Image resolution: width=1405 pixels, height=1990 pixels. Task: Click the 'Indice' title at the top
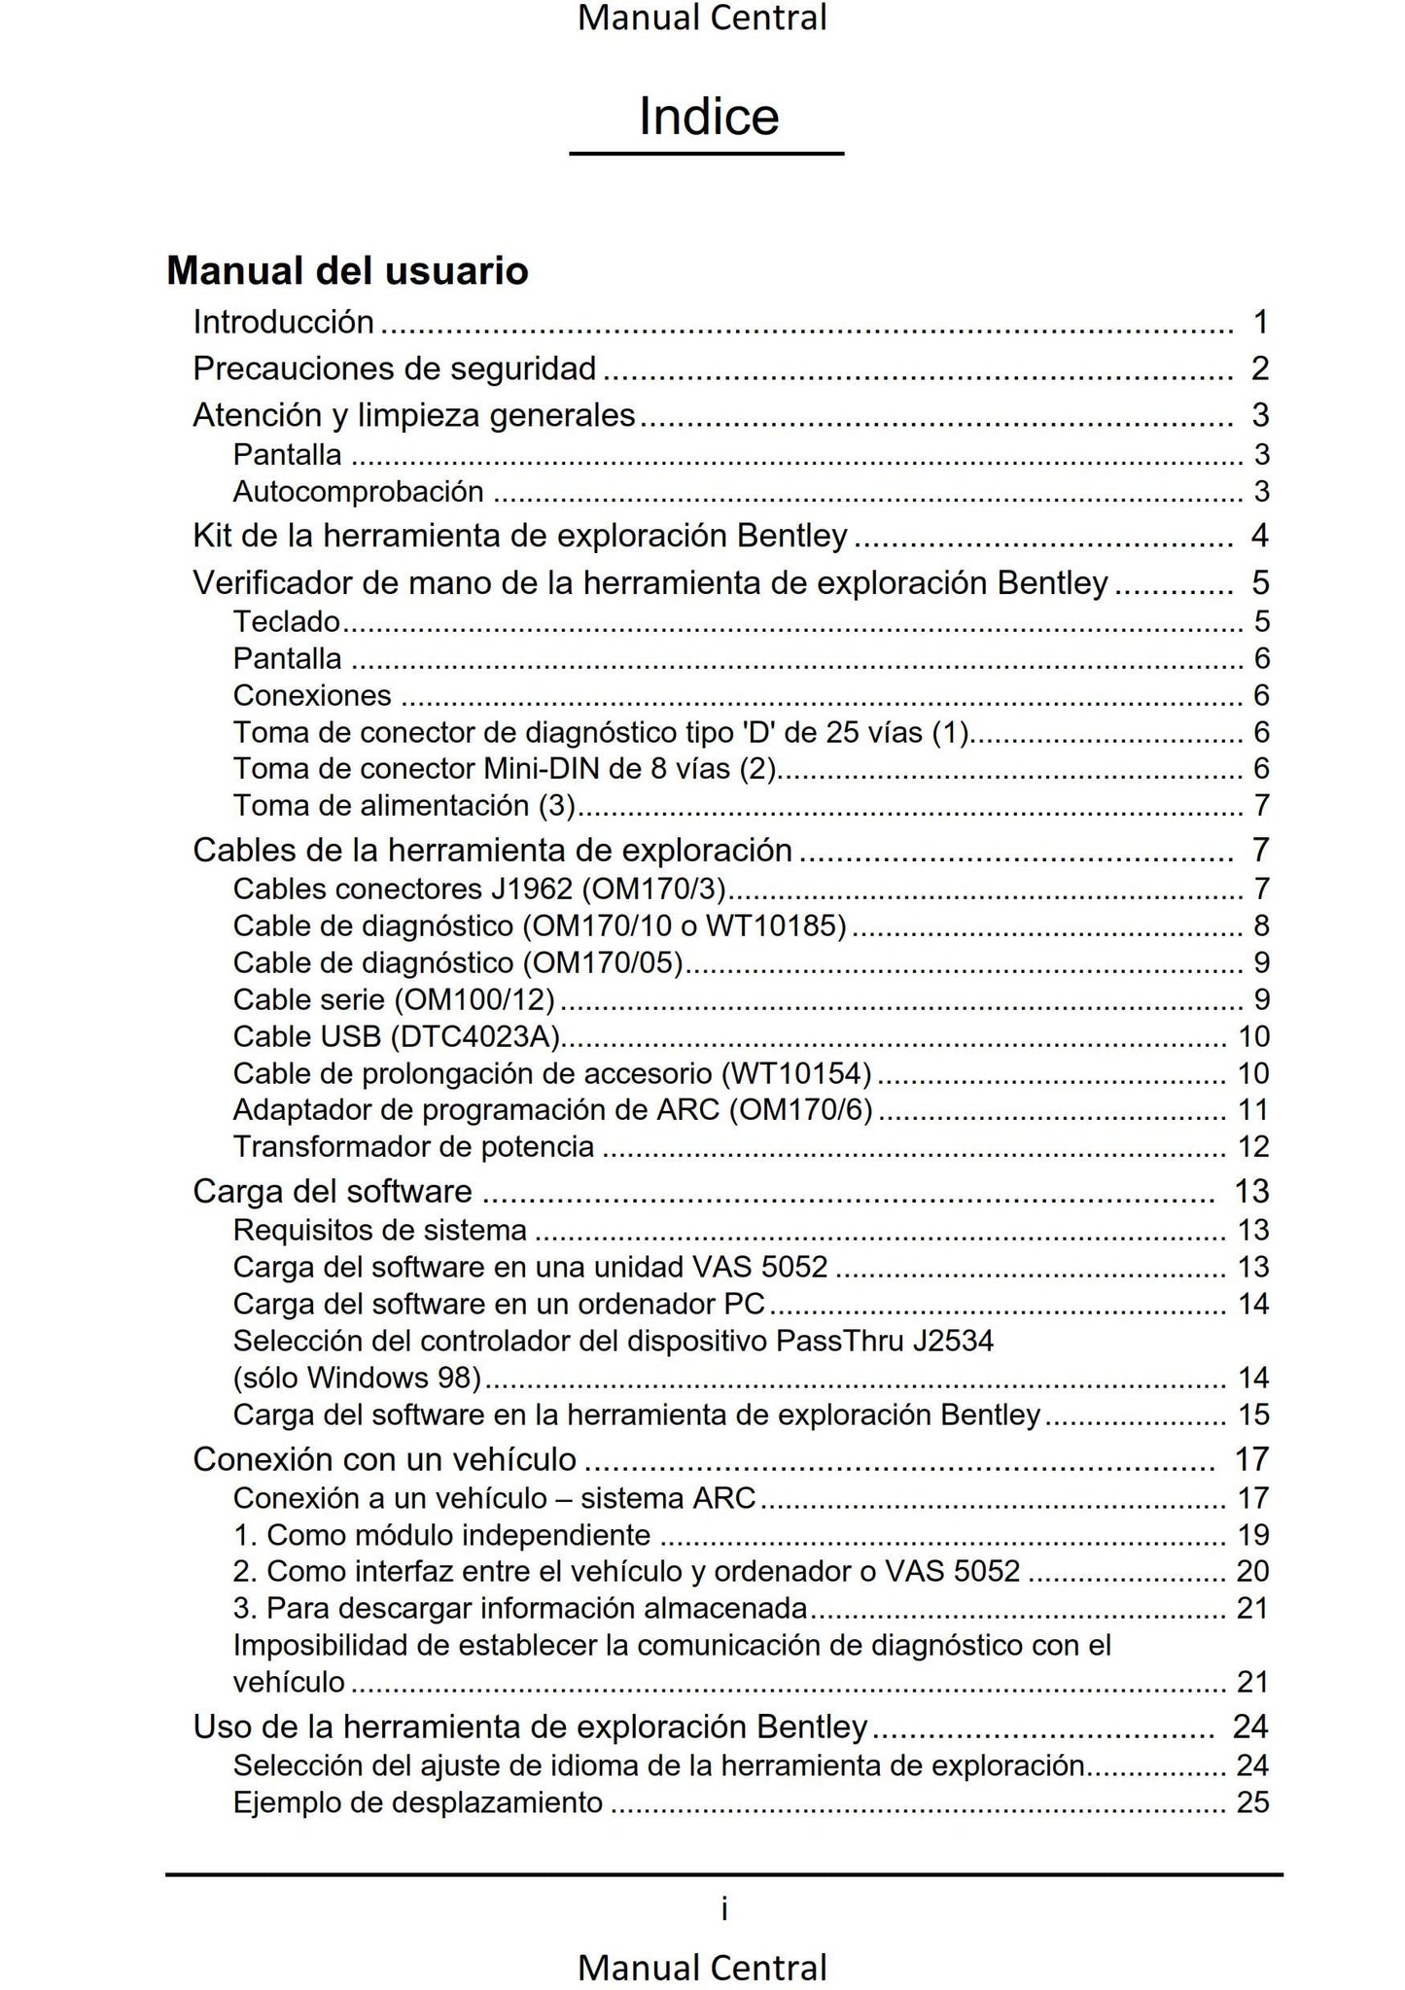coord(708,117)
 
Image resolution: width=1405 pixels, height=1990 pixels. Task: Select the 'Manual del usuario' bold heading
coord(347,270)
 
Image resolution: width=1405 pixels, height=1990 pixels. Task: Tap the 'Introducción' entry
coord(283,321)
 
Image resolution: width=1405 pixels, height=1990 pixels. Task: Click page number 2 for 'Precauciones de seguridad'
coord(1260,368)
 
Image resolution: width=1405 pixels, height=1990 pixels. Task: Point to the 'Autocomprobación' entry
coord(358,492)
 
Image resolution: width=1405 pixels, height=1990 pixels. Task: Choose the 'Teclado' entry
coord(287,621)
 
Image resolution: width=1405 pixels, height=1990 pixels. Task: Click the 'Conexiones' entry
coord(312,695)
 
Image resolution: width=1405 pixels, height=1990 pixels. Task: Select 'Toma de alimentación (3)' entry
coord(404,806)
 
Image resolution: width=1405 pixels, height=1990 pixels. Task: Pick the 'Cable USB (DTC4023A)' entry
coord(397,1036)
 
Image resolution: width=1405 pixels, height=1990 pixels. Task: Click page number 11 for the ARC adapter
coord(1253,1110)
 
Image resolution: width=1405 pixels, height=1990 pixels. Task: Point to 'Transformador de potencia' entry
coord(413,1147)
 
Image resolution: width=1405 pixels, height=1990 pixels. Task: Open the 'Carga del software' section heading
coord(333,1191)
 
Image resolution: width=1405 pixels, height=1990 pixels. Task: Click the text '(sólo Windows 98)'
coord(357,1378)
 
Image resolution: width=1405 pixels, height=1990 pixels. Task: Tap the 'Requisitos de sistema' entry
coord(379,1230)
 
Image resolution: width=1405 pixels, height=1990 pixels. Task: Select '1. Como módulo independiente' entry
coord(441,1535)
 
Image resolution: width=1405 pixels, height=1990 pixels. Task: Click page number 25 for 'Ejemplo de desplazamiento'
coord(1252,1803)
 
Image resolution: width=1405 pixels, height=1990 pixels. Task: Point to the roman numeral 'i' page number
coord(724,1910)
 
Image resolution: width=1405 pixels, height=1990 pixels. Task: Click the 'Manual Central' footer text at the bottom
coord(702,1967)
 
